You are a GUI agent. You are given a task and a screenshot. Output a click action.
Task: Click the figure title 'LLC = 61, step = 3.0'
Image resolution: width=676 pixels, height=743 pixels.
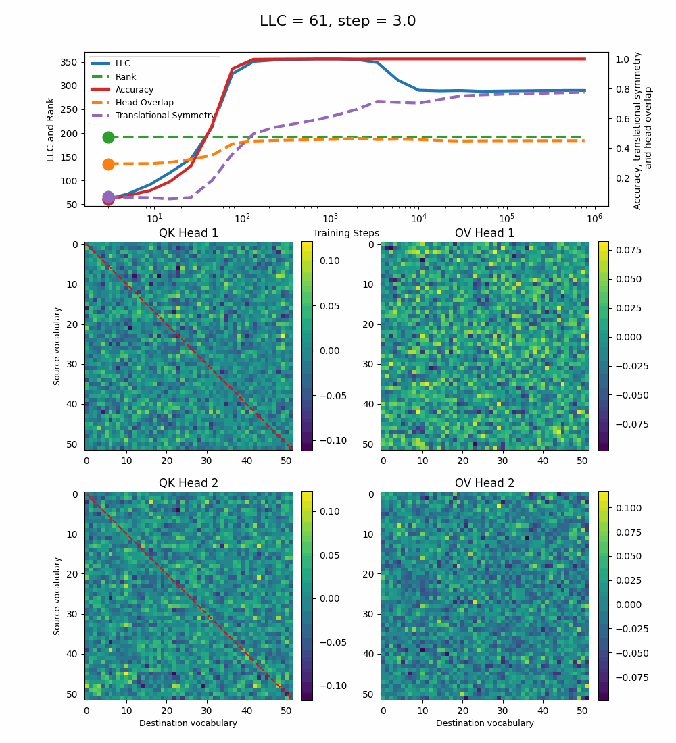[x=337, y=21]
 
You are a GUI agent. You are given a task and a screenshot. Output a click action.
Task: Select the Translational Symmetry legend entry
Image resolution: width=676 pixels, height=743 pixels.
[x=165, y=116]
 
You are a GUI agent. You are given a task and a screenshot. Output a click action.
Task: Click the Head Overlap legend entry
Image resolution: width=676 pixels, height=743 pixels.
[x=144, y=103]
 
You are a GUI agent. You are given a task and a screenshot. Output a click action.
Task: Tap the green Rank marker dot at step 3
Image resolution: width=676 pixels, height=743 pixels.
[x=108, y=137]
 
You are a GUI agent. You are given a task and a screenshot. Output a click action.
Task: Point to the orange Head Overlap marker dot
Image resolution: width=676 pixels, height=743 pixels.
[x=108, y=164]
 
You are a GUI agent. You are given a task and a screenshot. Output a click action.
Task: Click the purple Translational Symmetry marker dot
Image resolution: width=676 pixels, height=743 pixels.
[x=108, y=197]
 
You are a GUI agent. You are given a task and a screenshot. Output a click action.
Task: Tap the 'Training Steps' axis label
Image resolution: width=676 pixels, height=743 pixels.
[x=345, y=234]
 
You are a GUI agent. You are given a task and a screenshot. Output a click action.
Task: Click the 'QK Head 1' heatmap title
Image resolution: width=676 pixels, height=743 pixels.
[x=189, y=234]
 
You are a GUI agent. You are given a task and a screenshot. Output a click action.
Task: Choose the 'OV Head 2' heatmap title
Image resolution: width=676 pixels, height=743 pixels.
[x=485, y=484]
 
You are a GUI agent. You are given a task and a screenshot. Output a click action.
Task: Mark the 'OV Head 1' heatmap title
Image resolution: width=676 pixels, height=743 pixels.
[x=485, y=234]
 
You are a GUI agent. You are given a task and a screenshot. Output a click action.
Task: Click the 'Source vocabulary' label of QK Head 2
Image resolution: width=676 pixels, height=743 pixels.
[x=57, y=596]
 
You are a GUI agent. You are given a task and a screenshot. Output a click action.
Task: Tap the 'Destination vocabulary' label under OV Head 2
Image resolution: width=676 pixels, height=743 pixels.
[x=485, y=723]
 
